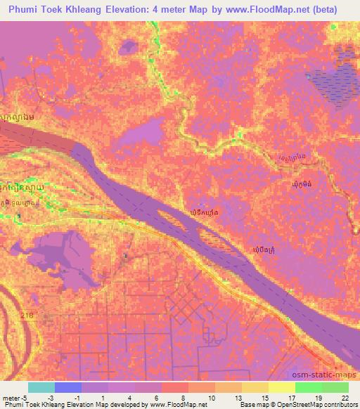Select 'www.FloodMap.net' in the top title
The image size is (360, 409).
(261, 10)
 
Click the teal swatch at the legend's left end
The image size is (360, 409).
(41, 387)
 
